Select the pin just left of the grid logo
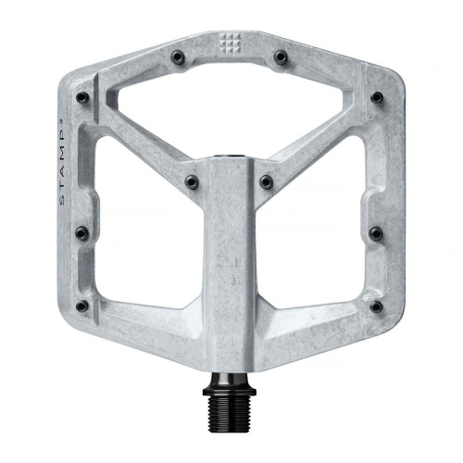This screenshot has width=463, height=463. [177, 57]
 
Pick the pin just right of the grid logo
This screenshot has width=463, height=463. [280, 57]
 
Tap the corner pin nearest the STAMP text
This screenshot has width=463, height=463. [81, 96]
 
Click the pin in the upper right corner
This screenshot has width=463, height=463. [376, 96]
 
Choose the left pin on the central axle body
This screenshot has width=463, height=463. [191, 181]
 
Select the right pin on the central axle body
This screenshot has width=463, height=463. [266, 181]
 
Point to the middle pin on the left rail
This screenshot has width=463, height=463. [81, 232]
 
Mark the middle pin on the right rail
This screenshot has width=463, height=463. [375, 232]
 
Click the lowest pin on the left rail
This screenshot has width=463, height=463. [82, 305]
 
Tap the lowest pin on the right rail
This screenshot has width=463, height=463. [375, 305]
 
